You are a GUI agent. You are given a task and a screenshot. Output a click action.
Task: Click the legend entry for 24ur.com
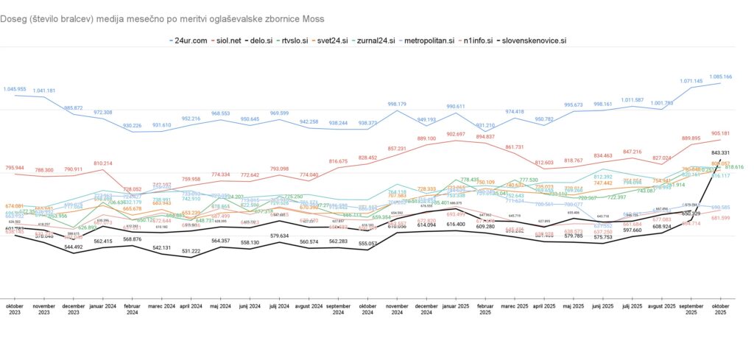coord(191,40)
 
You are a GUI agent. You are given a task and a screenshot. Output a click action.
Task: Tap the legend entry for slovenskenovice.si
coord(535,40)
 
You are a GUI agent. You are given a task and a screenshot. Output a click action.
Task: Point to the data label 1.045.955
coord(15,89)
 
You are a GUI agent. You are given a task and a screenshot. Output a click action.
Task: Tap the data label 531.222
coord(191,252)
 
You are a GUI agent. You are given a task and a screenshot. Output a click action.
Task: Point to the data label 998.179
coord(398,104)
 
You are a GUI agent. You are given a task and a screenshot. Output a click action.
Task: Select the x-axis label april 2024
coord(191,305)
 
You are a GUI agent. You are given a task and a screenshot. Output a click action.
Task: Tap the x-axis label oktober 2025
coord(720,308)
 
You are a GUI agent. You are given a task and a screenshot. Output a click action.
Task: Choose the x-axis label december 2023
coord(74,308)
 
